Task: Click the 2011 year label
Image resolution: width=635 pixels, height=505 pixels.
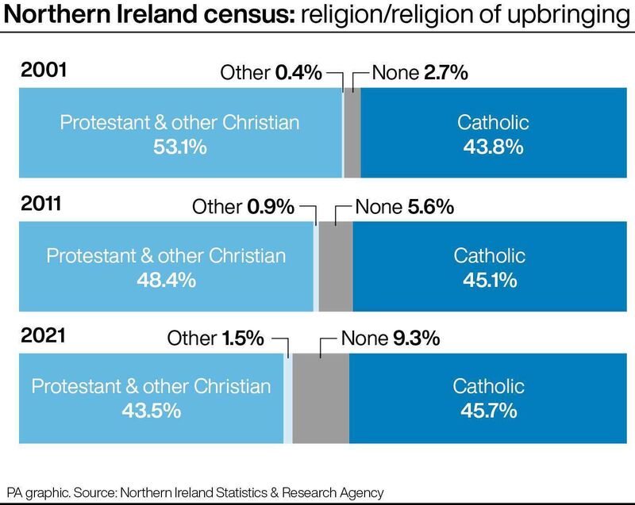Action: (42, 205)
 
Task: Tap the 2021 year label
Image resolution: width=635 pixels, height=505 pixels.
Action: (43, 336)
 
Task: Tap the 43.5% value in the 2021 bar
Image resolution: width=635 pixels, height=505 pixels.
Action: (151, 411)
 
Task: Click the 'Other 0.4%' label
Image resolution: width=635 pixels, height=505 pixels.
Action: (271, 74)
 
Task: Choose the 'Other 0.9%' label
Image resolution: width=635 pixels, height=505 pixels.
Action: (243, 207)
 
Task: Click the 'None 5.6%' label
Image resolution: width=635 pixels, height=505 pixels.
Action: (404, 207)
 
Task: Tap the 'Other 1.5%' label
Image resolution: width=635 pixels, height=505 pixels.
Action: (215, 339)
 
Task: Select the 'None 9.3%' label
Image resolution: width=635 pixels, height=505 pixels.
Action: (390, 339)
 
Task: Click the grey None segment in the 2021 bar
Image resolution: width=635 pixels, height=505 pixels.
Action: (321, 398)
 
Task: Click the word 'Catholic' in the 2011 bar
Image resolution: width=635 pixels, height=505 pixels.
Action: (489, 256)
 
